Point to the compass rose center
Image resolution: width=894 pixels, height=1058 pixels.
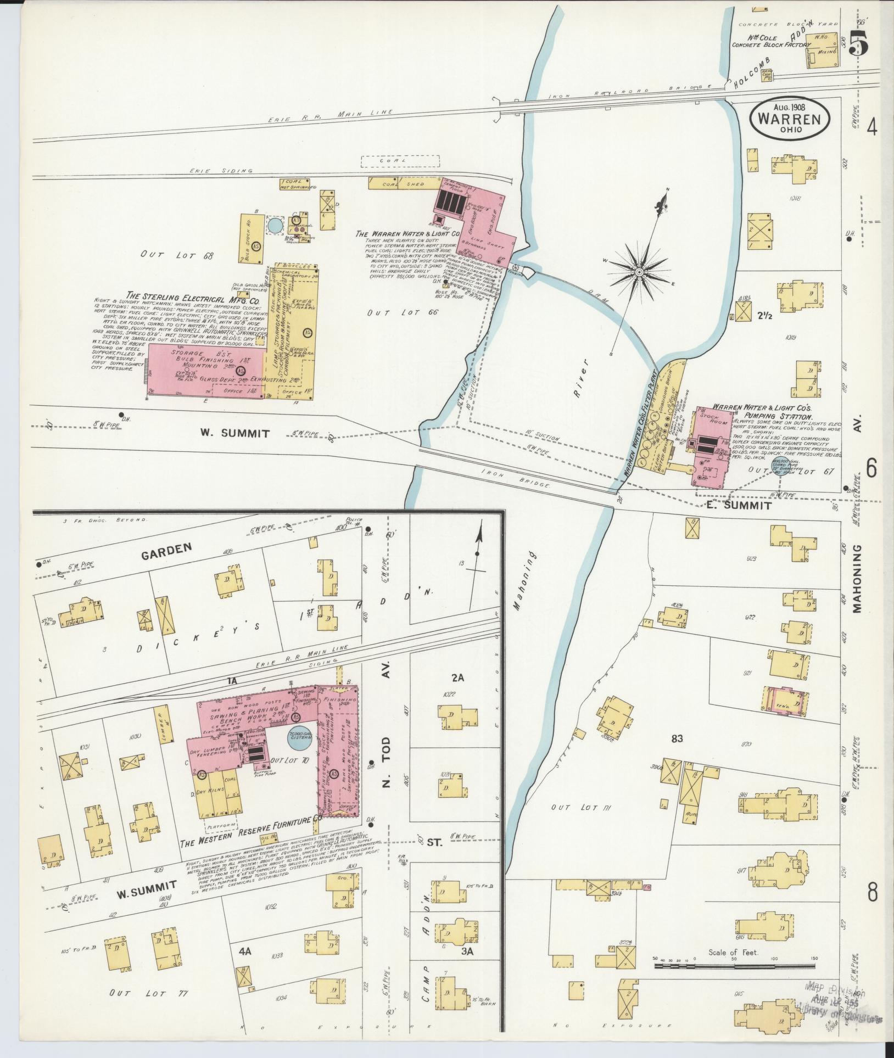coord(640,272)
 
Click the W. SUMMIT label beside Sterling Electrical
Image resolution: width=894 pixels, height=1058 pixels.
coord(234,433)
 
